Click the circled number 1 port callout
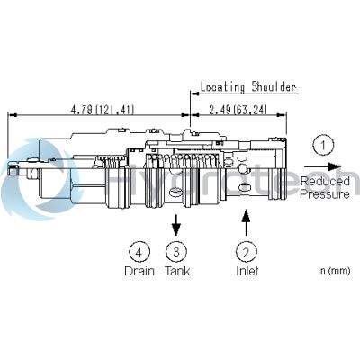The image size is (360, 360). (x=323, y=146)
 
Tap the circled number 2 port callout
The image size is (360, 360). (x=247, y=252)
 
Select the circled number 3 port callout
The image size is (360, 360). (x=176, y=251)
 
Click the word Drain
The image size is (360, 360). (x=139, y=271)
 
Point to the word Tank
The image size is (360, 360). (x=177, y=271)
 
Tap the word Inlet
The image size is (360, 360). (x=247, y=271)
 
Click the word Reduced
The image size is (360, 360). (x=325, y=181)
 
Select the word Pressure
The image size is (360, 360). (x=325, y=194)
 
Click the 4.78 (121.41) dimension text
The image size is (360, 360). (x=103, y=110)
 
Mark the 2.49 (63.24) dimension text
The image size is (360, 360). (x=238, y=110)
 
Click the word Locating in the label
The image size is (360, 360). (x=222, y=87)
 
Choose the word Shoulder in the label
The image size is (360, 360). (x=274, y=87)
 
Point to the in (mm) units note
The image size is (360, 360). (x=334, y=271)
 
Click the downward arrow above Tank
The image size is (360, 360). (x=176, y=225)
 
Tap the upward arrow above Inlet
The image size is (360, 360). (x=247, y=222)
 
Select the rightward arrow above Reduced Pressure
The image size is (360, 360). (x=323, y=166)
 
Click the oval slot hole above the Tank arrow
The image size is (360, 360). (x=176, y=191)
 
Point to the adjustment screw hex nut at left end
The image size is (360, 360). (x=32, y=174)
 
